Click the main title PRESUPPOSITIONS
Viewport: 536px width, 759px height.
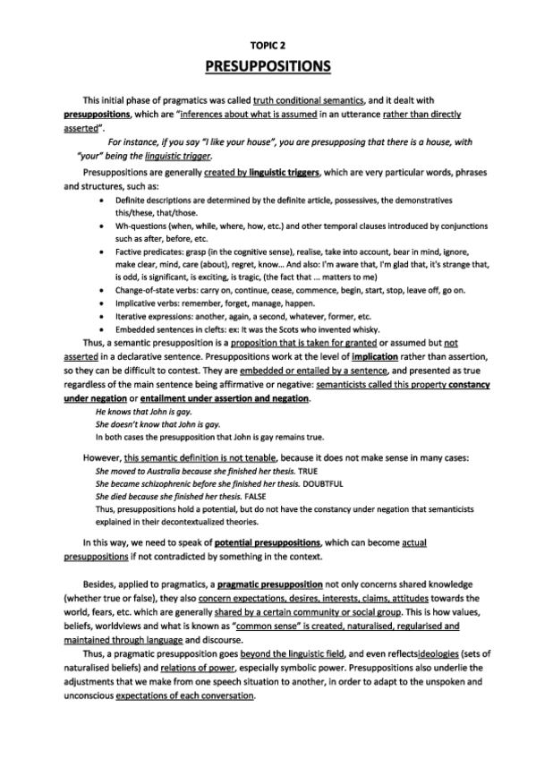tap(268, 66)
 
